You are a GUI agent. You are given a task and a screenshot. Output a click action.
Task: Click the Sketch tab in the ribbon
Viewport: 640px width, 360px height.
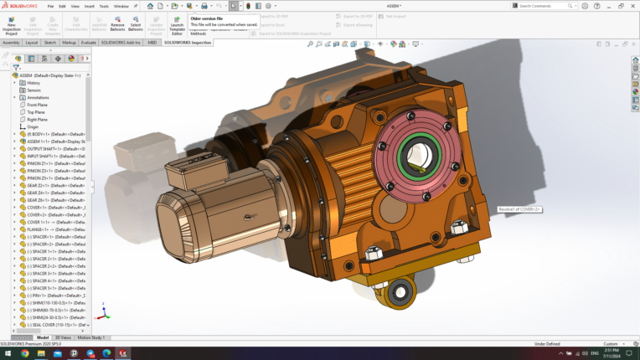click(50, 42)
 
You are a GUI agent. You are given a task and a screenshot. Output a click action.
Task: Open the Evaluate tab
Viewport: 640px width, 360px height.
click(88, 42)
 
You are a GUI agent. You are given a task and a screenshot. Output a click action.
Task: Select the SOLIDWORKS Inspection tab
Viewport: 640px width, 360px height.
click(188, 42)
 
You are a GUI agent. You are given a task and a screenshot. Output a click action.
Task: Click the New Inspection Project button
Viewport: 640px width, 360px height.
click(12, 25)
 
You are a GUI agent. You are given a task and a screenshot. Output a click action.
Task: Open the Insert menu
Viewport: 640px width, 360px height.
click(90, 6)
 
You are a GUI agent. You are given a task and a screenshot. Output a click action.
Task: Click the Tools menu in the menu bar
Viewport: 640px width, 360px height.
click(104, 6)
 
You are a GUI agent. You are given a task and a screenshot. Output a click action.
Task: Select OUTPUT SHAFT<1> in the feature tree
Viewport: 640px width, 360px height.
click(55, 149)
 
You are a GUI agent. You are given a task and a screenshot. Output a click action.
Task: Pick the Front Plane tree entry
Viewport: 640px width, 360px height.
click(37, 105)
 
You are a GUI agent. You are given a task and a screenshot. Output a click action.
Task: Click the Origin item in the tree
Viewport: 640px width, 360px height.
click(33, 126)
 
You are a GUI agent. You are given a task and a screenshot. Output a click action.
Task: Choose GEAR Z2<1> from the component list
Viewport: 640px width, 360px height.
click(52, 185)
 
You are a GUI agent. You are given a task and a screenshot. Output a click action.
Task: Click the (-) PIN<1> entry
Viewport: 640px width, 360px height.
click(52, 295)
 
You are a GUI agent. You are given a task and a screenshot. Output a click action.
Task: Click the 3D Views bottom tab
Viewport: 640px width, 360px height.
click(64, 337)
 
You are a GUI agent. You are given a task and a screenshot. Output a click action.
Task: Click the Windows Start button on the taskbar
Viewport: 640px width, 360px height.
click(7, 353)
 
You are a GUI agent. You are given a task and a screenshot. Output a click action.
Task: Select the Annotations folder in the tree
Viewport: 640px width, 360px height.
click(38, 97)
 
